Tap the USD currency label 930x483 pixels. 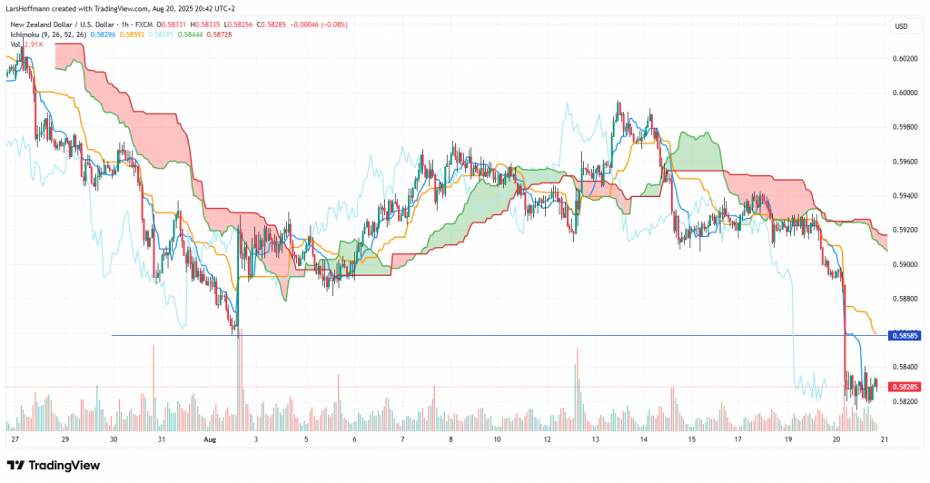coord(901,25)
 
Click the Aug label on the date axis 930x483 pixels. coord(211,439)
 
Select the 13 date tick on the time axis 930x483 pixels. coord(595,439)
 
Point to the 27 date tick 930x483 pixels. coord(15,439)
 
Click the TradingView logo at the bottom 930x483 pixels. coord(54,465)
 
